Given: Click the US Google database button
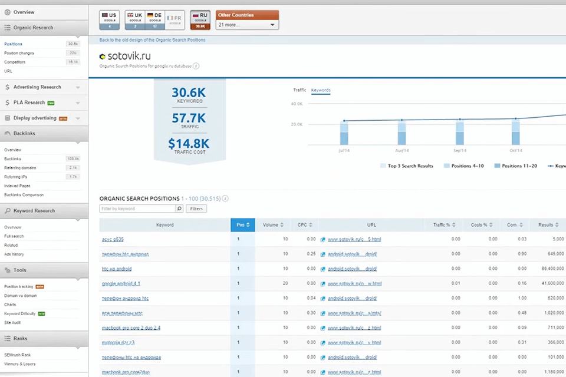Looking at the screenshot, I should tap(110, 19).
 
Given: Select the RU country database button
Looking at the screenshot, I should tap(199, 19).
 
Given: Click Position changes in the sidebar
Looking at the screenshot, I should tap(19, 53).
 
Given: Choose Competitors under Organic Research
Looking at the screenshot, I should tap(15, 62).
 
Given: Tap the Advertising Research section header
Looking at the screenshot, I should tap(37, 87).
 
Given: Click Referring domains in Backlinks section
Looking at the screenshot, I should tap(20, 168).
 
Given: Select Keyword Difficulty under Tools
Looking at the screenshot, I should tap(20, 313).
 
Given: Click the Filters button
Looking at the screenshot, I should tap(196, 209).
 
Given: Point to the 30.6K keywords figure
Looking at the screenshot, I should tap(189, 92).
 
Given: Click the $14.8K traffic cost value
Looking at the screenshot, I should tap(189, 143).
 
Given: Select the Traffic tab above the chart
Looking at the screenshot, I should tap(300, 90).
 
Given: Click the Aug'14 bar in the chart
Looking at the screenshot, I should tap(402, 133).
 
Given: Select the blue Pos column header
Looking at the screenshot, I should tap(242, 225).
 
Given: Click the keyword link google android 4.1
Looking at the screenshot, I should tap(121, 283).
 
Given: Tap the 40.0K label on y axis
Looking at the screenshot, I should tap(297, 104).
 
